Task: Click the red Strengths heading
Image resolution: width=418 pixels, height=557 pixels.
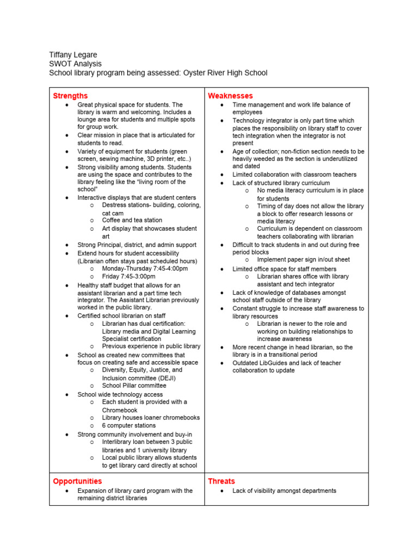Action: point(70,96)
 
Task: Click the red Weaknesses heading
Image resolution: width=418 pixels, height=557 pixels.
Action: point(230,96)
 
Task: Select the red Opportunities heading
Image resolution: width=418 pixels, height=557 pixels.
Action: point(77,481)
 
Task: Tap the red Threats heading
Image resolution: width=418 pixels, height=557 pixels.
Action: point(222,481)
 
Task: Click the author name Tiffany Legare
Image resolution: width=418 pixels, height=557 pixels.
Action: point(73,55)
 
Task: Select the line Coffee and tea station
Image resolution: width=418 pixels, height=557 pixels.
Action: point(132,220)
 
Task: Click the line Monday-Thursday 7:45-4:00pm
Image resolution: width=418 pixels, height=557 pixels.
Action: point(145,269)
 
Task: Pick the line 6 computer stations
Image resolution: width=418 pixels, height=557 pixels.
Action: point(128,425)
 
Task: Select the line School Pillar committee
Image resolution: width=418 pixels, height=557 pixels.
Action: point(134,386)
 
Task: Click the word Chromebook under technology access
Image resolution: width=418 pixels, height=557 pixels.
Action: point(120,410)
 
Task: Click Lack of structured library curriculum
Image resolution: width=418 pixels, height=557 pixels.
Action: point(281,183)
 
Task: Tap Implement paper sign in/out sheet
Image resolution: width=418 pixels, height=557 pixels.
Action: point(303,260)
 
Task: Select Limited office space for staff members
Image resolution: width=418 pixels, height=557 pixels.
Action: point(284,269)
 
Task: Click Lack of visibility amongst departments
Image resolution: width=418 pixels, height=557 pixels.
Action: point(284,491)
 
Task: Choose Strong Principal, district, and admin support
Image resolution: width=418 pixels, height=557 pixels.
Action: point(137,245)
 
